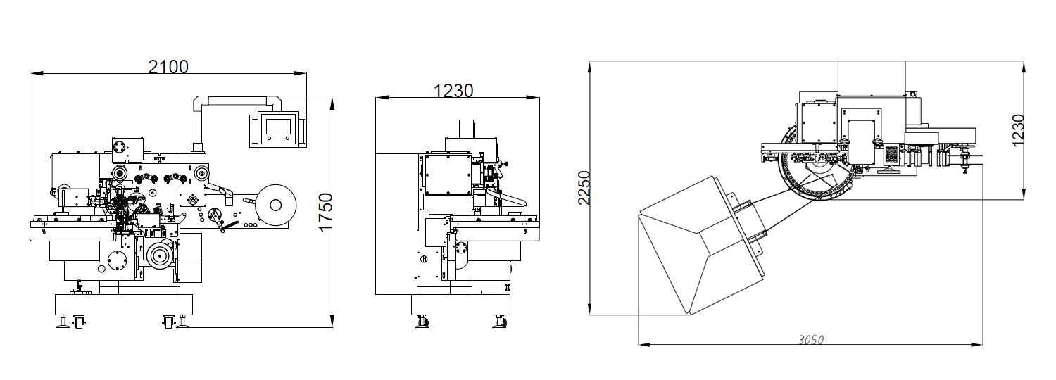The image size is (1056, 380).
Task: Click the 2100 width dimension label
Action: click(168, 67)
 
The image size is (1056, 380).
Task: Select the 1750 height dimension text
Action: click(326, 212)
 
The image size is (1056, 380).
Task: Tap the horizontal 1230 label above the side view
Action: click(453, 91)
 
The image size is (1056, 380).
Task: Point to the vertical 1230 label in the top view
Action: click(1018, 131)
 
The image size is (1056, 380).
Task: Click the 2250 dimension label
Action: click(584, 188)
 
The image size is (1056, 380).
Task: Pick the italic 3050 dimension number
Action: click(811, 340)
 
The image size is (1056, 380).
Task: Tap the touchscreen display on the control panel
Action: click(278, 127)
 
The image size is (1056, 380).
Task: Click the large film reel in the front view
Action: click(276, 205)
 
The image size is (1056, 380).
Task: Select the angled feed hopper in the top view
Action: click(703, 245)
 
